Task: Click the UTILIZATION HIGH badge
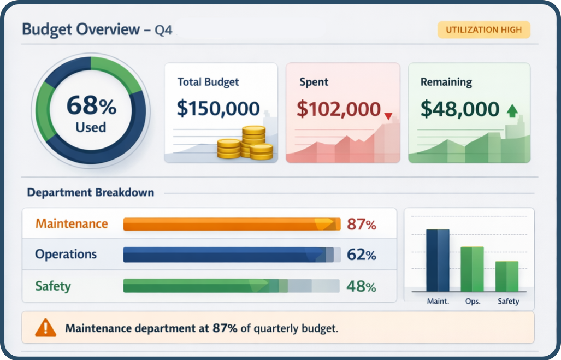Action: click(483, 30)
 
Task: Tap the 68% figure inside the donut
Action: click(91, 105)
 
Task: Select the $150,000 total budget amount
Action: click(218, 108)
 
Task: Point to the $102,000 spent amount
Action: click(338, 109)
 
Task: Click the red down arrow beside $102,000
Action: click(388, 116)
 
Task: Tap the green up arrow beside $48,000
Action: click(512, 111)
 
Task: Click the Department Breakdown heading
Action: click(91, 192)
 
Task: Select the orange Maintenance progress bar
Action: click(231, 224)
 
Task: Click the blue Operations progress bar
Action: click(231, 255)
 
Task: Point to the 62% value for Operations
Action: click(361, 255)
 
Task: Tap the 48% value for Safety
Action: click(361, 286)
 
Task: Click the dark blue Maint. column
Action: click(438, 260)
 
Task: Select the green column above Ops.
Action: click(472, 269)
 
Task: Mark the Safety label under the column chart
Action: click(508, 301)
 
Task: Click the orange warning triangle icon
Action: click(45, 328)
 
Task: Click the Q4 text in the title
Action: click(163, 31)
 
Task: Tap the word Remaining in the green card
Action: click(446, 82)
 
